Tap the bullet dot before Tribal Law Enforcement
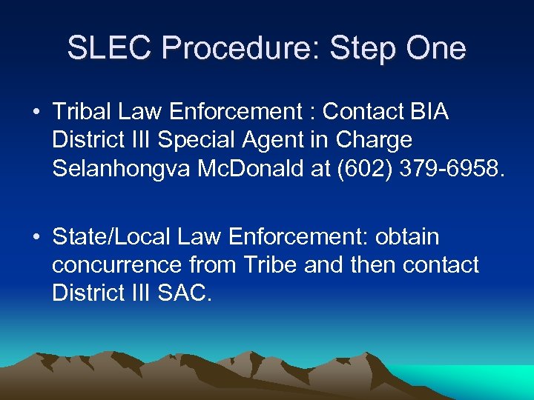[36, 113]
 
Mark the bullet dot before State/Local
[36, 238]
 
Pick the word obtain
[406, 237]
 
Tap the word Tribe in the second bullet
[268, 264]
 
